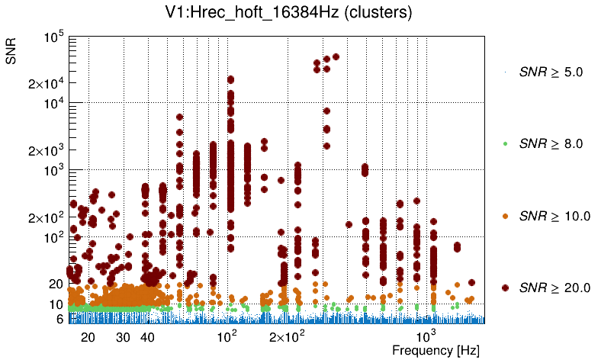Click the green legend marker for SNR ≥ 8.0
pos(505,143)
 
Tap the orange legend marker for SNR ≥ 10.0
pos(505,216)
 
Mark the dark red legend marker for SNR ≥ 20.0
pos(505,288)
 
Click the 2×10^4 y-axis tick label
pos(45,83)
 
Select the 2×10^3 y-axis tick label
pos(45,150)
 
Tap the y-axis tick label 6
pos(58,320)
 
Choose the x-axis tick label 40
pos(148,336)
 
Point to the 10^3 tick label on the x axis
pos(426,335)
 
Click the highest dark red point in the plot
pos(336,56)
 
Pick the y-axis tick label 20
pos(54,284)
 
